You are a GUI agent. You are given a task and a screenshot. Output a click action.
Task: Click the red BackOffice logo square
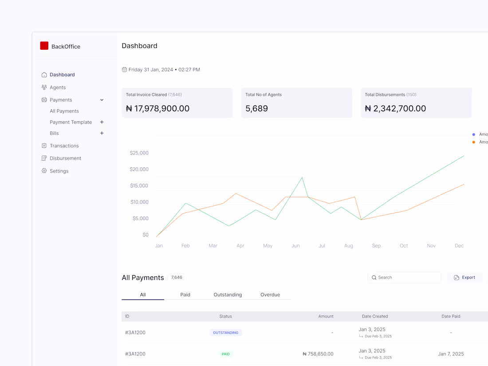44,46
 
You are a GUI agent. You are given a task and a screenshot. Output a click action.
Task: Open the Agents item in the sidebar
57,87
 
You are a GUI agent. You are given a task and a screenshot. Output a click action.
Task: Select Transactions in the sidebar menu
64,146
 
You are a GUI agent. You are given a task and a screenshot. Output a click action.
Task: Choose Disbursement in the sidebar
65,158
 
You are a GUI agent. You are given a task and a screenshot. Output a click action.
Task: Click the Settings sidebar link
59,171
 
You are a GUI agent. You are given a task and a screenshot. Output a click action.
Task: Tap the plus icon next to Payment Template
102,122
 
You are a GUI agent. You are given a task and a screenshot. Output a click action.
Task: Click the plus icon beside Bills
102,133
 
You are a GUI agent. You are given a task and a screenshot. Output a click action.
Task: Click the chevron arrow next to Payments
102,100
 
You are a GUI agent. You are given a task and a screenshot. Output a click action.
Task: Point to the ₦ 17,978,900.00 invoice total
157,108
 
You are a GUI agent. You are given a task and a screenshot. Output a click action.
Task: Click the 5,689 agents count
256,108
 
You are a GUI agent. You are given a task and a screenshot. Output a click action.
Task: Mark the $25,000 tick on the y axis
139,153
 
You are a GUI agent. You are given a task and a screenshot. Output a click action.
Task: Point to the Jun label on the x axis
295,246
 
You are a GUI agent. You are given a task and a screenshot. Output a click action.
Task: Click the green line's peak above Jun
302,177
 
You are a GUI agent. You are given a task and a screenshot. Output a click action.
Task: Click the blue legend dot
474,134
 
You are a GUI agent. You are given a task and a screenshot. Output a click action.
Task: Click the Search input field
405,277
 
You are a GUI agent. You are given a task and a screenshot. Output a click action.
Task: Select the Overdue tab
270,295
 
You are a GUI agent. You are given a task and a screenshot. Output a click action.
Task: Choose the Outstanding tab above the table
228,295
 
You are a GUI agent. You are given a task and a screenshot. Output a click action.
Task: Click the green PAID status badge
226,354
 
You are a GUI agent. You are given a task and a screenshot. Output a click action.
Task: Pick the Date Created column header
375,316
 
